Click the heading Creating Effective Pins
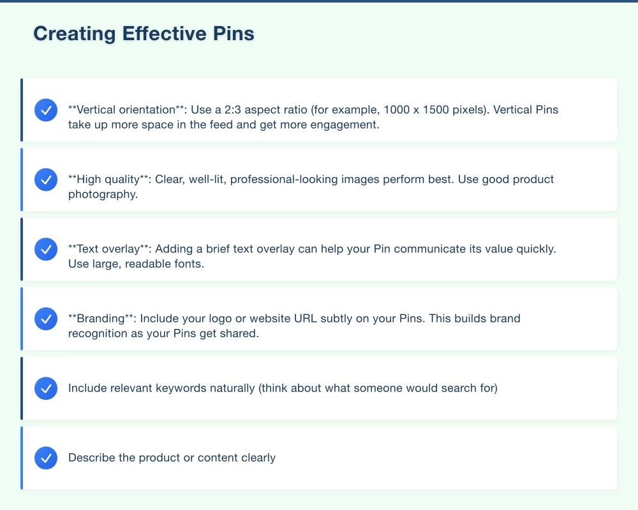tap(144, 34)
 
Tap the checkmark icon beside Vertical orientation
tap(46, 110)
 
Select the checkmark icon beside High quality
tap(46, 180)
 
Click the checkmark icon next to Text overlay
tap(46, 249)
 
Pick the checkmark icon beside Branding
tap(46, 318)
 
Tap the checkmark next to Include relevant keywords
tap(46, 388)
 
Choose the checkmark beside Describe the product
tap(46, 458)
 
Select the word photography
tap(102, 194)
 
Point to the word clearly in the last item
tap(258, 458)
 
